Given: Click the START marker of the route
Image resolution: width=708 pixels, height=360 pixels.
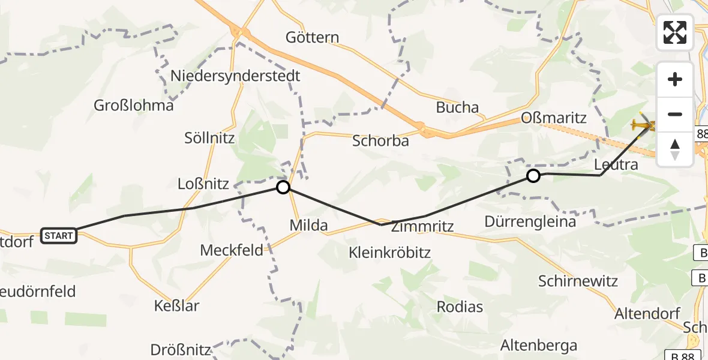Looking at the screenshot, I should (x=59, y=236).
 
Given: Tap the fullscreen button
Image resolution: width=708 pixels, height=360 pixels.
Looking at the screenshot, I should (x=675, y=32).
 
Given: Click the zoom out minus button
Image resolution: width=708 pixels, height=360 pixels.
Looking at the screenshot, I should (x=675, y=114).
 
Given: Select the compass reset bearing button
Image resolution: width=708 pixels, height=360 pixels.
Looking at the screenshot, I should (x=675, y=149).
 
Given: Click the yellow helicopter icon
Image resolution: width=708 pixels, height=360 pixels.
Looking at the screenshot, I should (x=643, y=125).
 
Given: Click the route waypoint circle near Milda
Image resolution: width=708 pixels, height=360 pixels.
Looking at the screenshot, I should (x=283, y=188).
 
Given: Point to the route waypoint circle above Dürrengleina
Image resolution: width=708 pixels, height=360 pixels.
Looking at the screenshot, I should (x=533, y=176).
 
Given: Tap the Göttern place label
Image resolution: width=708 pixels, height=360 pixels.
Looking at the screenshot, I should (x=312, y=37).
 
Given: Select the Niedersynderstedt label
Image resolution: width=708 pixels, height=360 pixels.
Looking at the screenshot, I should (x=235, y=76).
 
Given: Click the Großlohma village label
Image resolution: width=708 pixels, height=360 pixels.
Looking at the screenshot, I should (x=133, y=106).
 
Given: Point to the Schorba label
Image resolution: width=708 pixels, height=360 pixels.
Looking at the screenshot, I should (x=380, y=141).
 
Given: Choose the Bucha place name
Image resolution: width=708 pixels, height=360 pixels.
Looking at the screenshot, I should (x=457, y=108).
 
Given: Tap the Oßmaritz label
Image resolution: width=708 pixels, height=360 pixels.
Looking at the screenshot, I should (x=554, y=118).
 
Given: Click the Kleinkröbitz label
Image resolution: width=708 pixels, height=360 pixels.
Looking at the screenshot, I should (x=389, y=253).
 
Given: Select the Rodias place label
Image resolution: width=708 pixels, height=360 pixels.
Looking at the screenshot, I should (x=460, y=307).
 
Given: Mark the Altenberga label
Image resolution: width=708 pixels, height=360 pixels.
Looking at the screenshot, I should (x=539, y=346).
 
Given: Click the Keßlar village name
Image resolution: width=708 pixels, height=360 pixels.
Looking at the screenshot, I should (x=176, y=306).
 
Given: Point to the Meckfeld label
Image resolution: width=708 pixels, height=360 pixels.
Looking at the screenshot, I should (x=232, y=250).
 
